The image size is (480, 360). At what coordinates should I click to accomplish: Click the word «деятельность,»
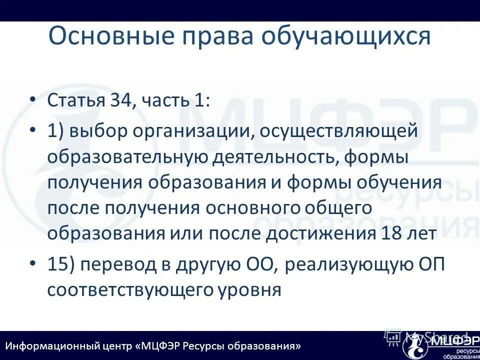pos(270,156)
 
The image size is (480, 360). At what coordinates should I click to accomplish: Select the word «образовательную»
pos(127,156)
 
